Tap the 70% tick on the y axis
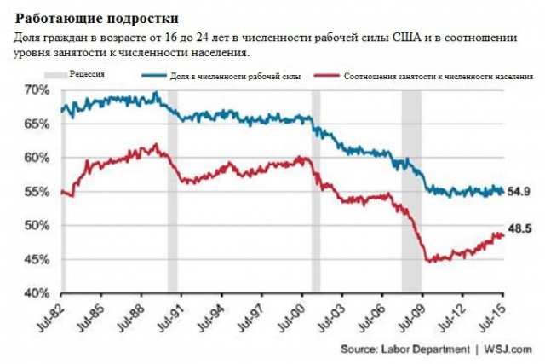(37, 90)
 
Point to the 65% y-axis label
(37, 124)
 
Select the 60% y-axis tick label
(37, 158)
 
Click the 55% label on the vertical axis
(37, 192)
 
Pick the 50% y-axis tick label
(37, 225)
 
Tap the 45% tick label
(37, 259)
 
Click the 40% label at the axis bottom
(37, 292)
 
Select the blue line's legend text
(235, 76)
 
